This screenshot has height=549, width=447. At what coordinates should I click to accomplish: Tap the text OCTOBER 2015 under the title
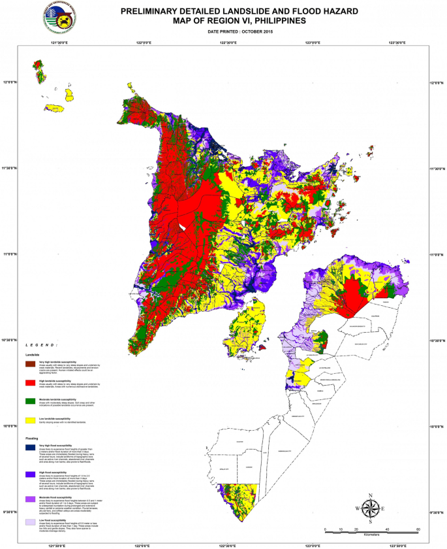(255, 31)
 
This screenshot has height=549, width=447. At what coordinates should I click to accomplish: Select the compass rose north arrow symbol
(369, 507)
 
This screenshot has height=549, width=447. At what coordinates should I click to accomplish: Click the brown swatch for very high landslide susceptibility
(31, 363)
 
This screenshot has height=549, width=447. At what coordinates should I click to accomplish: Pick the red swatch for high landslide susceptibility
(31, 382)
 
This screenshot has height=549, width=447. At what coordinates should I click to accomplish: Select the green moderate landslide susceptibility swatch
(31, 401)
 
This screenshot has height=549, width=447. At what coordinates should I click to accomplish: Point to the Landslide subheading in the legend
(33, 354)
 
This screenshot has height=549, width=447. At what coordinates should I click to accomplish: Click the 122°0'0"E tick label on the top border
(144, 42)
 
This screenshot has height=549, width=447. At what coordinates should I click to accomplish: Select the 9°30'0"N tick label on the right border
(438, 512)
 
